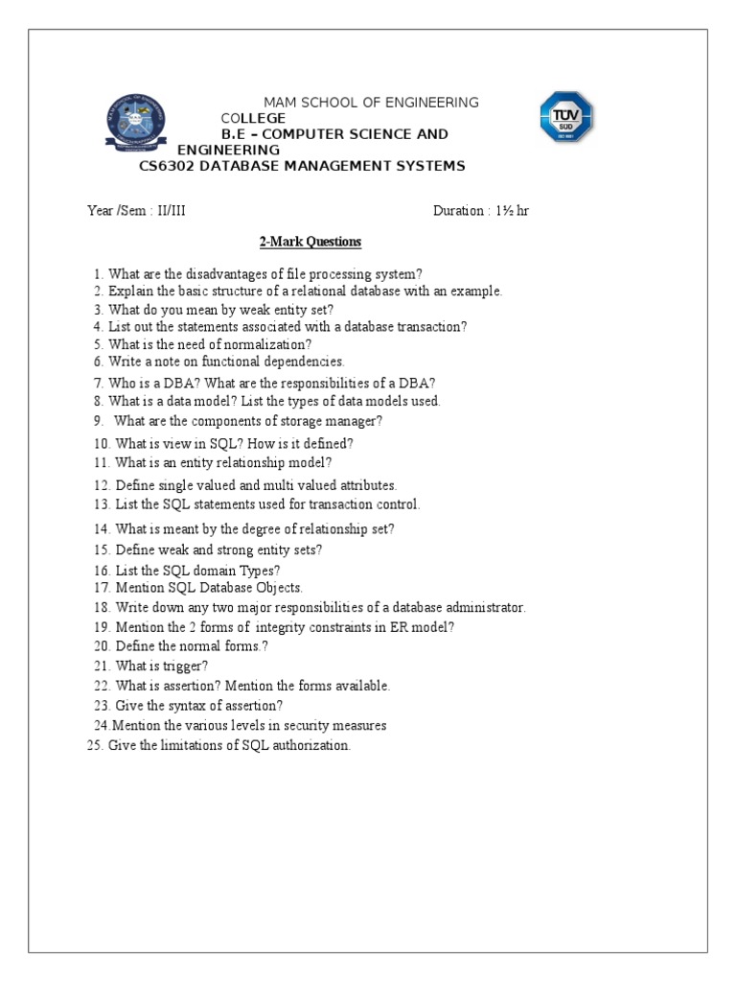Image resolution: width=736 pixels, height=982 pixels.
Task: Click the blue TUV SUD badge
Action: (x=564, y=117)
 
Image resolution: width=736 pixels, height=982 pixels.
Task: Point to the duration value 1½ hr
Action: (x=511, y=211)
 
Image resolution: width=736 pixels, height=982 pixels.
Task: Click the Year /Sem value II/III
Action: (x=169, y=211)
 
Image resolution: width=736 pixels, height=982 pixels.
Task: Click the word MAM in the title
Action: (x=280, y=103)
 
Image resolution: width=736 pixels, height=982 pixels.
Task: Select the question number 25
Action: (x=94, y=745)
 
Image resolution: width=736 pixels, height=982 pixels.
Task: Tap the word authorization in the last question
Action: (x=306, y=745)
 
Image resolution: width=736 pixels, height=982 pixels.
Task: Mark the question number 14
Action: (x=102, y=528)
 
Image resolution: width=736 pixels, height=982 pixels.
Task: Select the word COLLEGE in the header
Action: (x=253, y=118)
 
